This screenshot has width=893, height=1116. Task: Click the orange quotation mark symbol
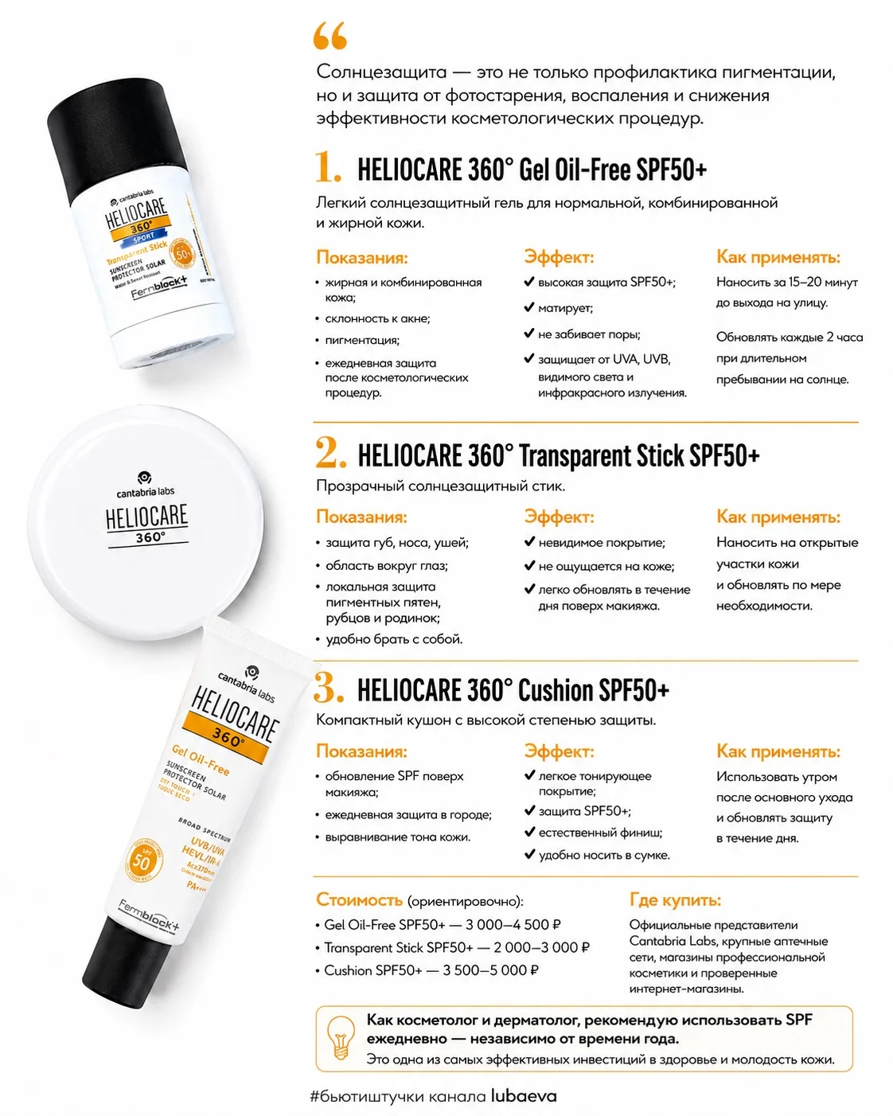click(330, 36)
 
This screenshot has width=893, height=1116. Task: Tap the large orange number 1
click(328, 167)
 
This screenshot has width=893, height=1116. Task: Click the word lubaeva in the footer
click(524, 1096)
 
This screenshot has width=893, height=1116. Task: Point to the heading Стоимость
click(360, 899)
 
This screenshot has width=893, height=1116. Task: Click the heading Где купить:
click(675, 899)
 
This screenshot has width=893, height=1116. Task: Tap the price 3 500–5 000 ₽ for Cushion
click(490, 970)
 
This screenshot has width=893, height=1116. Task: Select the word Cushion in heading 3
click(556, 690)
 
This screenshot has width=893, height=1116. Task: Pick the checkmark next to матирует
click(529, 307)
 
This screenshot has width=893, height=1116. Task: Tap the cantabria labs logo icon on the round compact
click(145, 477)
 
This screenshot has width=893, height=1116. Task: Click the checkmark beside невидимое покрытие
click(529, 541)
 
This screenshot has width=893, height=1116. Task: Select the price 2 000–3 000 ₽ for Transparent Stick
click(541, 947)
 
